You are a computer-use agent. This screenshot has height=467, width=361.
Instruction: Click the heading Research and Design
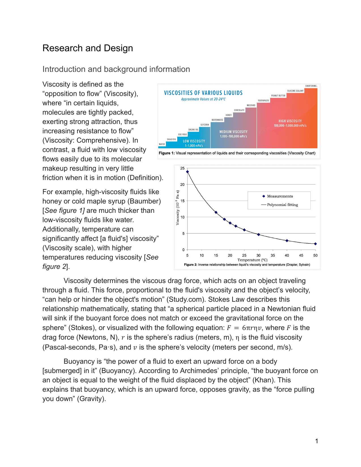87,48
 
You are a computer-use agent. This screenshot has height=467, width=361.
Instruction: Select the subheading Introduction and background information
116,69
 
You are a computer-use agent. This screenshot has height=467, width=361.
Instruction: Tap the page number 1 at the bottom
317,441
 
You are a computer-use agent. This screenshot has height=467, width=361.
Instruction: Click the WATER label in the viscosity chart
162,144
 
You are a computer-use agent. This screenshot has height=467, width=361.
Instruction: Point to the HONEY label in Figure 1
228,115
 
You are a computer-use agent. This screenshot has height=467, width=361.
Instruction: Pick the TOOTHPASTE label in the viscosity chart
263,100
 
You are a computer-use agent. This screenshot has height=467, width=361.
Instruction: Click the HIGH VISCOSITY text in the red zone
290,121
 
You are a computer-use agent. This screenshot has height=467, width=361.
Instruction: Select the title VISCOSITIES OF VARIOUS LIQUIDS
203,93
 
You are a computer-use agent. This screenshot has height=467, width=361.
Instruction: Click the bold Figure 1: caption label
166,153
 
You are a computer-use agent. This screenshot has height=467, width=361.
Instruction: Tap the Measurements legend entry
280,196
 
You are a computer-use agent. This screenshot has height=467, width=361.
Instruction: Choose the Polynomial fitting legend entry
282,205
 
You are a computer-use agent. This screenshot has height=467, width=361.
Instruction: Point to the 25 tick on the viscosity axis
182,168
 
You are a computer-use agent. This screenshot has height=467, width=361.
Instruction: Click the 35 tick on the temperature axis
273,255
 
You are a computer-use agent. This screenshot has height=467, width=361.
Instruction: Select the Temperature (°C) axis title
252,260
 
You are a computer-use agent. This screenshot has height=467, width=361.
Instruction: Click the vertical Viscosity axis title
178,208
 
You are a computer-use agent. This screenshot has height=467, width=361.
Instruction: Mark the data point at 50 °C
315,244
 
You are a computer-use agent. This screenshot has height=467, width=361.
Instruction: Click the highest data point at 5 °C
187,172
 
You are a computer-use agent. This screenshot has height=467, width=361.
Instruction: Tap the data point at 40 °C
287,241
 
